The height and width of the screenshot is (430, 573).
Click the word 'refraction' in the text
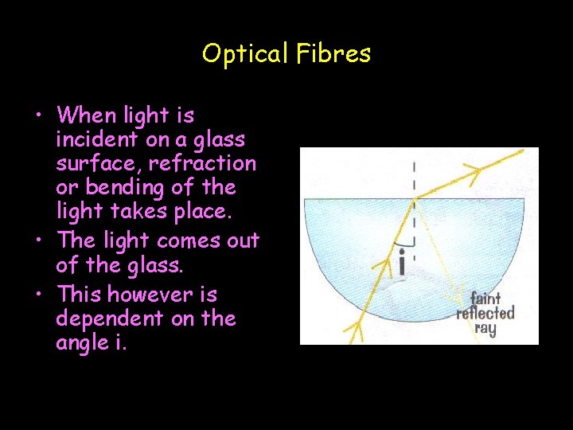[202, 164]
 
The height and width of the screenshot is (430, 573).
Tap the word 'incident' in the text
[95, 140]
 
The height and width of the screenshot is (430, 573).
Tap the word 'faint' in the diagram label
[485, 299]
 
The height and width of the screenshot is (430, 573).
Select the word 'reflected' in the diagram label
[485, 313]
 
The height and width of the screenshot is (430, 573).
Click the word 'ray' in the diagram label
[485, 328]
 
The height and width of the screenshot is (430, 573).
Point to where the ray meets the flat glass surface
[414, 198]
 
